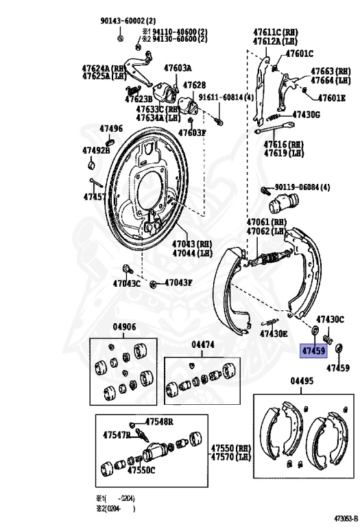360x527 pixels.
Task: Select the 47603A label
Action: (x=177, y=67)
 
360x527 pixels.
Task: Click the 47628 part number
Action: (x=193, y=85)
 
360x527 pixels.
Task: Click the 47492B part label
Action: (x=96, y=150)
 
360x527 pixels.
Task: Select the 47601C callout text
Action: (x=300, y=54)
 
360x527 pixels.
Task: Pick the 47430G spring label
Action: (x=307, y=114)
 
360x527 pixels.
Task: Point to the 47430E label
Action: (x=274, y=333)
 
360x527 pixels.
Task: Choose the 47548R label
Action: (x=158, y=421)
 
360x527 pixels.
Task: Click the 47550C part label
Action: (x=141, y=470)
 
